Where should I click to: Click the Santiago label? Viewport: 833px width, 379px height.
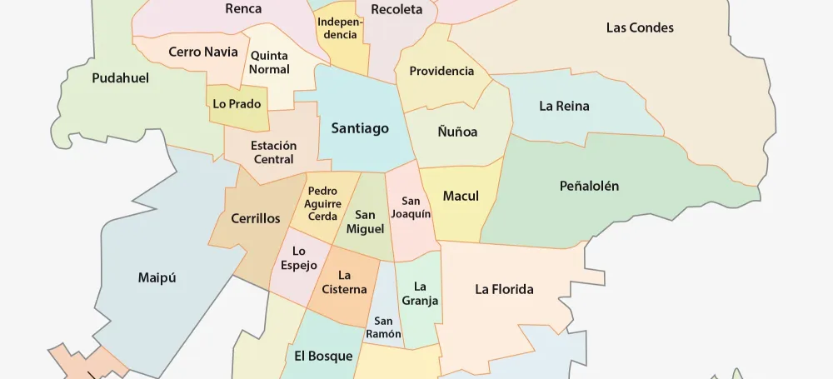pyautogui.click(x=360, y=128)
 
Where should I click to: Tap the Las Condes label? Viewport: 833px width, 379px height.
pyautogui.click(x=640, y=27)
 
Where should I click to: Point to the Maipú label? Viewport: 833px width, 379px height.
pyautogui.click(x=157, y=277)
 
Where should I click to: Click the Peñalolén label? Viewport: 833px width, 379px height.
pyautogui.click(x=589, y=187)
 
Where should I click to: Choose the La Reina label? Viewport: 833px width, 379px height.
pyautogui.click(x=564, y=106)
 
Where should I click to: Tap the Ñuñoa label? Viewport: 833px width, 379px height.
pyautogui.click(x=457, y=132)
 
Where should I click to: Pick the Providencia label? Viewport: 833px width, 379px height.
pyautogui.click(x=441, y=71)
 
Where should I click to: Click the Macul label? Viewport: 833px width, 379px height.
pyautogui.click(x=461, y=197)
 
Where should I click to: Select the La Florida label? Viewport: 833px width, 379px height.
pyautogui.click(x=504, y=290)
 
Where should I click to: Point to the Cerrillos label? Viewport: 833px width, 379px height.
pyautogui.click(x=256, y=219)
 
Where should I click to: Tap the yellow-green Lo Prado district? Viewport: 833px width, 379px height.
pyautogui.click(x=237, y=107)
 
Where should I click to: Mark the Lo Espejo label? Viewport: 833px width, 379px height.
pyautogui.click(x=299, y=258)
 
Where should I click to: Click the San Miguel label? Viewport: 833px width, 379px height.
pyautogui.click(x=365, y=222)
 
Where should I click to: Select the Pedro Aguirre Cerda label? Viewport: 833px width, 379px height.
pyautogui.click(x=322, y=203)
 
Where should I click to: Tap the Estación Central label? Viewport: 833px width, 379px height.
pyautogui.click(x=273, y=152)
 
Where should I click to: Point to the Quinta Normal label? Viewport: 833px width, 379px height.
pyautogui.click(x=269, y=62)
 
